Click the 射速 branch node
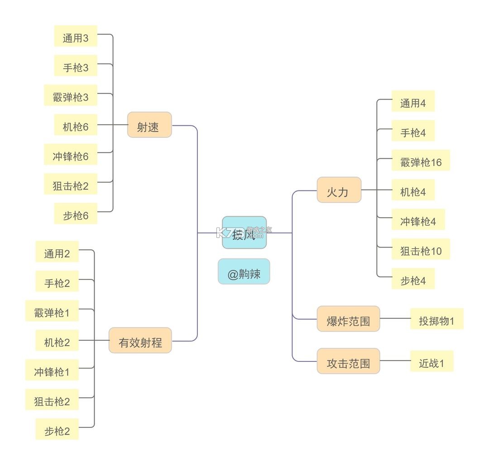(x=149, y=125)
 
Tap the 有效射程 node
(x=140, y=341)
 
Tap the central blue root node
(x=244, y=232)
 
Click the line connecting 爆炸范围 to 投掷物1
(x=395, y=318)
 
